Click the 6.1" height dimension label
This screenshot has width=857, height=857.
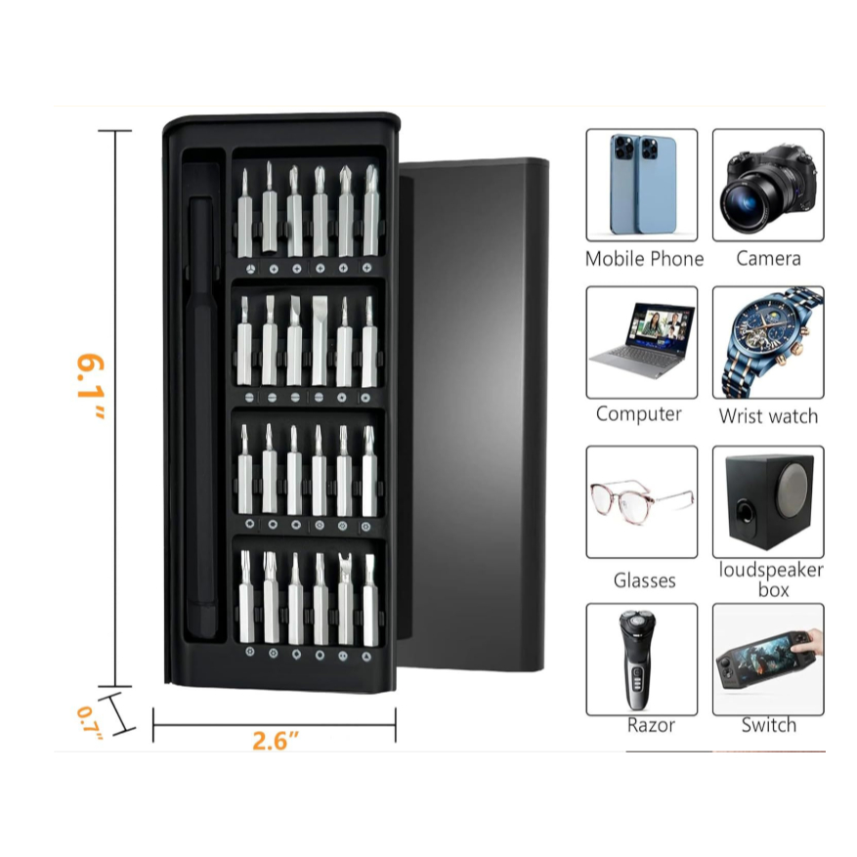tap(90, 386)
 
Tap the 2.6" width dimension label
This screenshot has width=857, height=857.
tap(276, 741)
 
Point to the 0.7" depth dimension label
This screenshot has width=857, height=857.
tap(90, 723)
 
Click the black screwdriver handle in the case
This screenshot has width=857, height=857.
tap(201, 418)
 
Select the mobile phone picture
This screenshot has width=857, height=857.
tap(642, 185)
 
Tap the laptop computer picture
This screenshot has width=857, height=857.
tap(642, 342)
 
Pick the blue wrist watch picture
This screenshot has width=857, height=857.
tap(768, 342)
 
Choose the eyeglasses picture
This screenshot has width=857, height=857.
tap(642, 501)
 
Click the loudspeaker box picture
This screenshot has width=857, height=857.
tap(768, 501)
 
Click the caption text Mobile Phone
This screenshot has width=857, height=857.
tap(644, 259)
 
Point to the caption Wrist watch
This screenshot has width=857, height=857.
tap(768, 416)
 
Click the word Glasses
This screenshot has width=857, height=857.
tap(644, 580)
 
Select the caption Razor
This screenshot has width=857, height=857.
tap(651, 725)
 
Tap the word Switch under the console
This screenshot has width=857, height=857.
tap(768, 725)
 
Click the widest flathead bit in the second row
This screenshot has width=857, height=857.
tap(320, 340)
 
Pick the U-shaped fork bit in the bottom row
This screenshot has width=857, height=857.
tap(345, 598)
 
